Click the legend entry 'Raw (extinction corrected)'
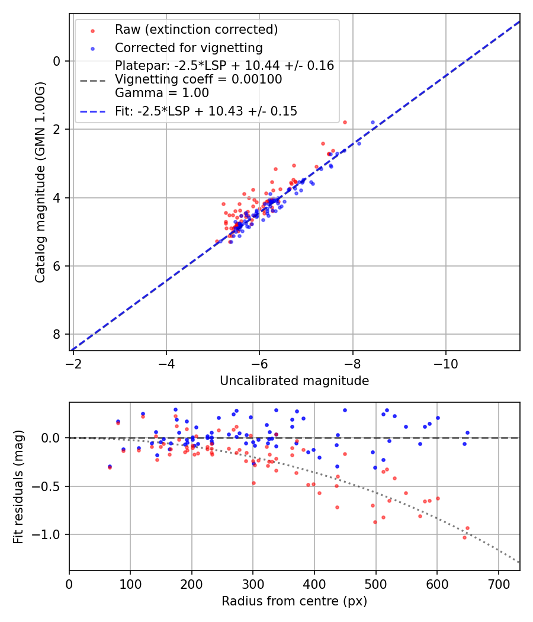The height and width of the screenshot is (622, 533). coord(196,30)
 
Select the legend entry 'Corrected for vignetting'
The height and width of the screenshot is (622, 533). coord(188,47)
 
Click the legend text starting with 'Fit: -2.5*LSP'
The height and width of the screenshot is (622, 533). coord(206,111)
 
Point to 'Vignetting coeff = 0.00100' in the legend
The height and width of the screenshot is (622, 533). coord(198,79)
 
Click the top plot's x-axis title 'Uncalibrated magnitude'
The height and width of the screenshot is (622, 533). coord(294,381)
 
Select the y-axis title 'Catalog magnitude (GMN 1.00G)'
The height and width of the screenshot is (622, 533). coord(40,198)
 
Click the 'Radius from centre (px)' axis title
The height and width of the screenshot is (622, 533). coord(294,601)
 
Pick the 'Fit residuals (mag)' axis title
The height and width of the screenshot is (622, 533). coord(18,487)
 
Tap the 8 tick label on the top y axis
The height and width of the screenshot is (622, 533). coord(57,335)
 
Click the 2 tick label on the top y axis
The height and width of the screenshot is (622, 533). coord(57,129)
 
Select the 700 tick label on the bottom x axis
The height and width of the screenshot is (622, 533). coord(498,584)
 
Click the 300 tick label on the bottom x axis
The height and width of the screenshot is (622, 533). coord(253,584)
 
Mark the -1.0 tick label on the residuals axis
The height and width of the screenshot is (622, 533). coord(52,535)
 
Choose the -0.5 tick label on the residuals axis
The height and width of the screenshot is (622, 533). coord(52,486)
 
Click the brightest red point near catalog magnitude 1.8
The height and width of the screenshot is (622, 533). coord(345,122)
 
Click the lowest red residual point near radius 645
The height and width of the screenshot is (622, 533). coord(464,537)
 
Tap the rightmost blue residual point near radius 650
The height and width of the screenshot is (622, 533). coord(467,432)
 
